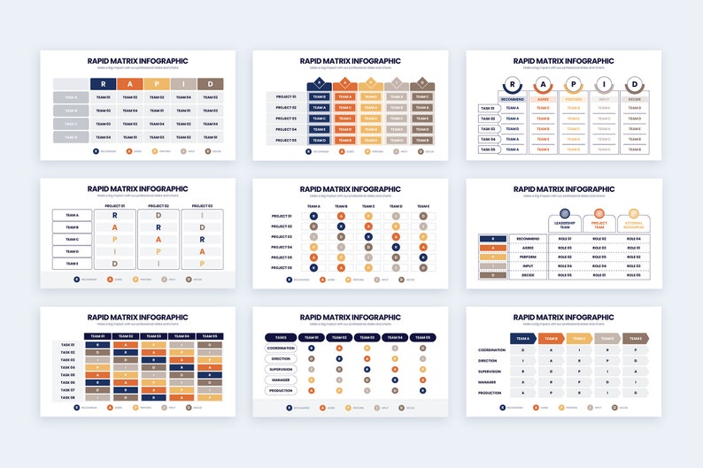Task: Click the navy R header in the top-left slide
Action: pos(104,84)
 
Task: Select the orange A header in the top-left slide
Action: pos(130,84)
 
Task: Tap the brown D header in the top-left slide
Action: pos(210,84)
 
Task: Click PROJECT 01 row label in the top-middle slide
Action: pos(285,96)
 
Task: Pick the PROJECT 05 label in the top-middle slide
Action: pos(285,140)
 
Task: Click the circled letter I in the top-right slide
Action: pos(604,86)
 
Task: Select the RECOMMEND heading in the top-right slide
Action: pos(512,100)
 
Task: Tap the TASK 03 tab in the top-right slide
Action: pos(488,129)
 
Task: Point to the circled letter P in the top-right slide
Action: pos(574,86)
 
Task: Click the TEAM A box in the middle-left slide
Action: pos(72,215)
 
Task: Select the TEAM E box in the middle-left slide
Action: pos(72,263)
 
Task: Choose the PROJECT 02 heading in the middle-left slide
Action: pos(158,205)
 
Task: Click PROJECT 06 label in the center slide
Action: pos(282,268)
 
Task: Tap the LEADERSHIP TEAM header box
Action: pos(565,224)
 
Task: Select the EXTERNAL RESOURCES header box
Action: pos(633,224)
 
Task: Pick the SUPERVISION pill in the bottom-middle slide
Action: pos(282,369)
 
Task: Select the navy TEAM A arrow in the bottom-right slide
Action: pos(521,338)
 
